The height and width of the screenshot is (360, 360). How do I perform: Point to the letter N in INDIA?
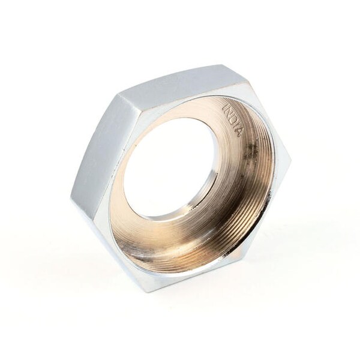click(x=229, y=113)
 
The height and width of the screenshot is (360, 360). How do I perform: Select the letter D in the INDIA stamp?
click(x=233, y=119)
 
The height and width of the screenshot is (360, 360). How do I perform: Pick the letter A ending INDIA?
click(x=239, y=132)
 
